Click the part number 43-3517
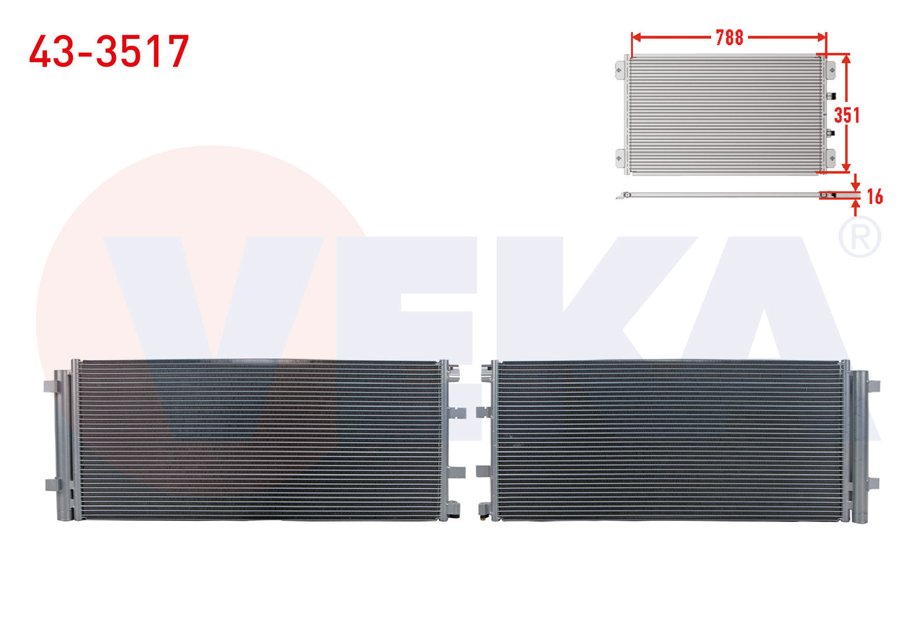(x=109, y=52)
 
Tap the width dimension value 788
(x=729, y=37)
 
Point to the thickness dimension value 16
(x=875, y=197)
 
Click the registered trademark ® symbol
(x=859, y=237)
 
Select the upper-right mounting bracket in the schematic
(x=830, y=70)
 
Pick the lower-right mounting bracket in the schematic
(x=830, y=158)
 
